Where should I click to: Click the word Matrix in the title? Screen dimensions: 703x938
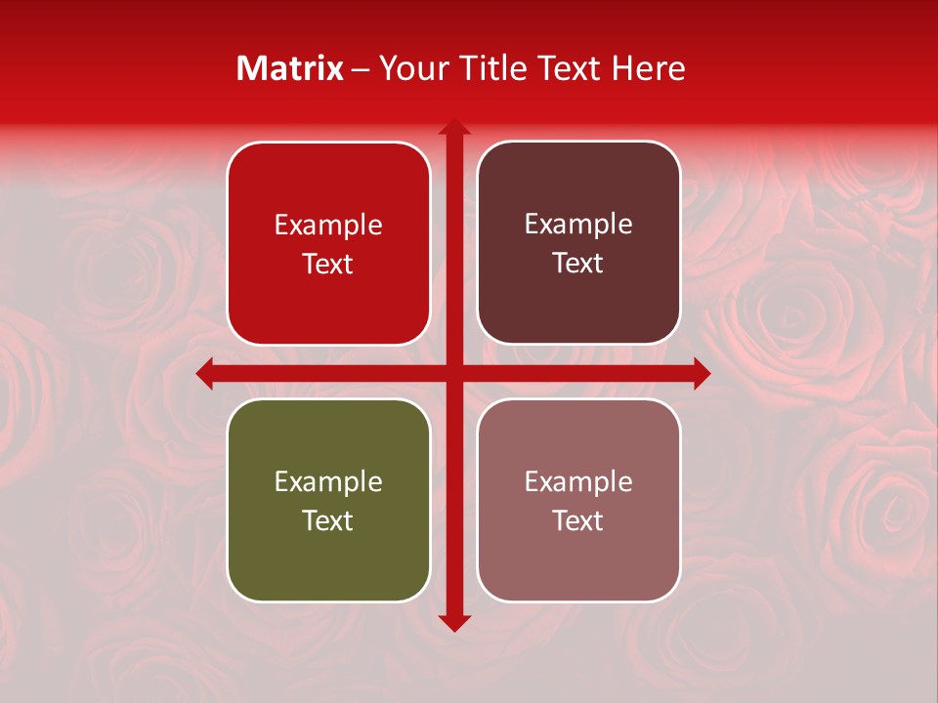290,68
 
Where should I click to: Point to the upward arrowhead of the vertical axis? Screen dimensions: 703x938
454,127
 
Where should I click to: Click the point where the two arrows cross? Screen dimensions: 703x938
454,373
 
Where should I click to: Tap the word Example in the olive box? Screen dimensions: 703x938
328,481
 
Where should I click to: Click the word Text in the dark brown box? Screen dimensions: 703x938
578,264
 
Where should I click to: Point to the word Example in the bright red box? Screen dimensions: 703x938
328,225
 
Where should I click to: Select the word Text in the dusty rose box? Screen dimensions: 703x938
578,520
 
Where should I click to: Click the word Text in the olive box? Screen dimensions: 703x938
328,520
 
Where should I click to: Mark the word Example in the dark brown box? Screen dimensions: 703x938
578,225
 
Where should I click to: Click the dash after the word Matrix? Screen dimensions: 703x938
361,69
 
